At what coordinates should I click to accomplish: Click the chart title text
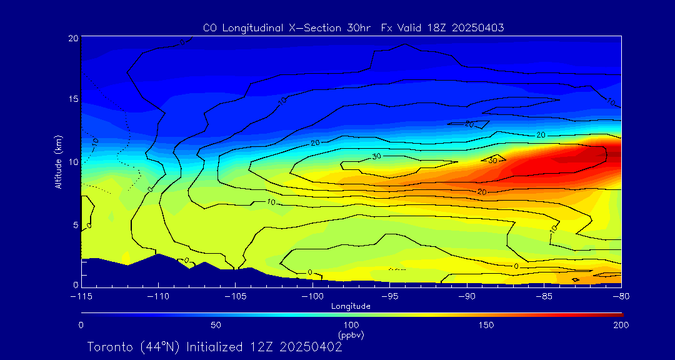tap(354, 27)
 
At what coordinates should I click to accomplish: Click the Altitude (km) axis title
tap(59, 161)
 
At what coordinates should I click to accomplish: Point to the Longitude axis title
tap(351, 306)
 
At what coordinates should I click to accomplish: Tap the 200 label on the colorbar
tap(621, 325)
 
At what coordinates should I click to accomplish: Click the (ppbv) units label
tap(351, 335)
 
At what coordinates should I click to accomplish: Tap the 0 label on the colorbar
tap(81, 325)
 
